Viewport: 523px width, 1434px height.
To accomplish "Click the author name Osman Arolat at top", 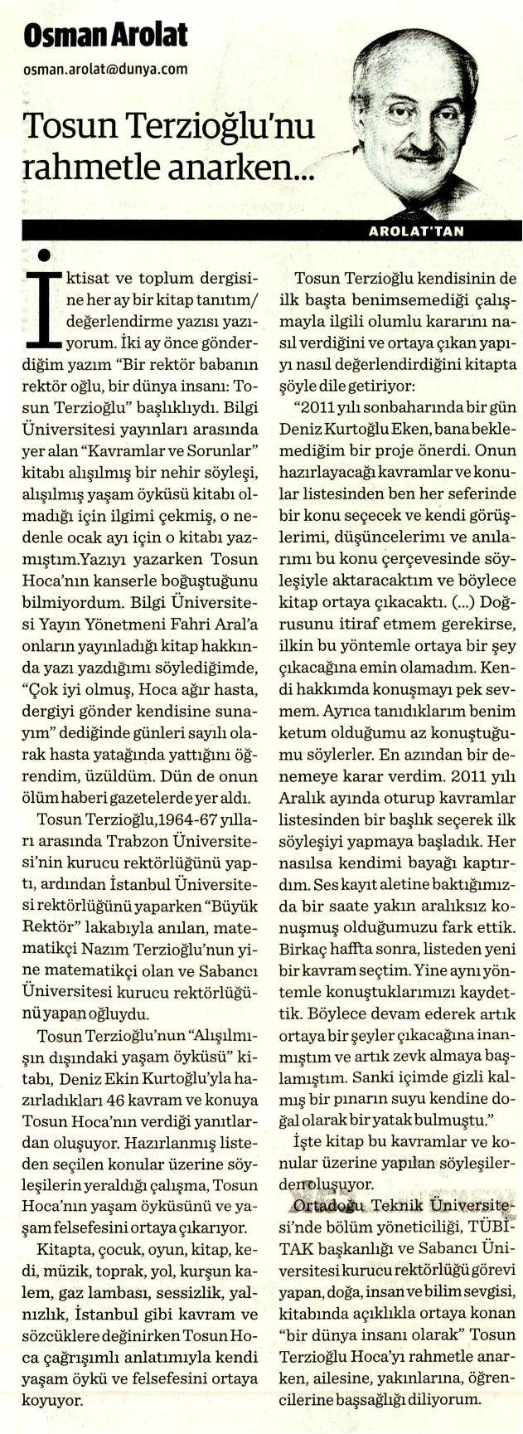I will pyautogui.click(x=106, y=34).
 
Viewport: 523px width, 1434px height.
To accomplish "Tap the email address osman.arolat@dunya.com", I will pyautogui.click(x=105, y=70).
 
